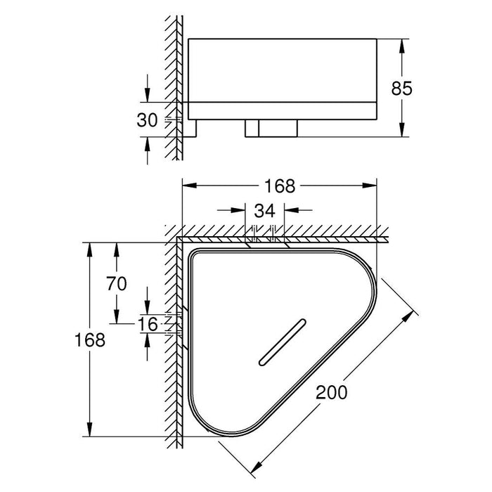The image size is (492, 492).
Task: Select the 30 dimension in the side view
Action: (x=146, y=120)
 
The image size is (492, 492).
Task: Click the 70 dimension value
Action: (x=117, y=284)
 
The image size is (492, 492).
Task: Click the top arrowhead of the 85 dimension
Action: (x=402, y=44)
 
